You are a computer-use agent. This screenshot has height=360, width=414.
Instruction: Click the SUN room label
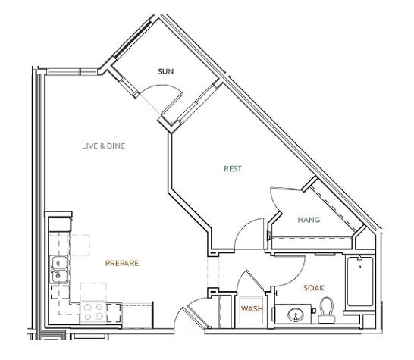pos(166,71)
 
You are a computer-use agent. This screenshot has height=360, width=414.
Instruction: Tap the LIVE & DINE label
pos(103,146)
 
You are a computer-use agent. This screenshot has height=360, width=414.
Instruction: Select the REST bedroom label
pos(233,169)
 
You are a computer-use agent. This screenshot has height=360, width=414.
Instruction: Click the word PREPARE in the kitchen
pos(121,263)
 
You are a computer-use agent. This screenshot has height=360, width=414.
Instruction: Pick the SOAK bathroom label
pos(314,288)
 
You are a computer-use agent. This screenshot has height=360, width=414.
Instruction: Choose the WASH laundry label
pos(251,309)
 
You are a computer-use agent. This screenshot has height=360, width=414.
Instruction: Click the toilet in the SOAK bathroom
pos(327,308)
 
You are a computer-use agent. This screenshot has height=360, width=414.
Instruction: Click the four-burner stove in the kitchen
pos(95,310)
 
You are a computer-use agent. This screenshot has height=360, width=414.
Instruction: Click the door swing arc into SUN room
pos(161,96)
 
